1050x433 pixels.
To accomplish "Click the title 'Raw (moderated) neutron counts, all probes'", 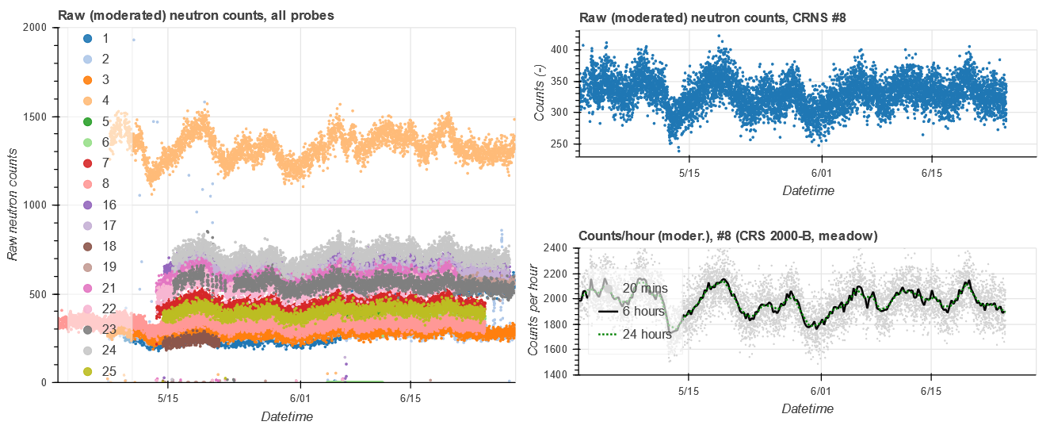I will pos(196,14).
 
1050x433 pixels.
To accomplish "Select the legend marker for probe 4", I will pos(88,101).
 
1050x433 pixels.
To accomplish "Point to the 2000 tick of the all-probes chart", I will pos(37,28).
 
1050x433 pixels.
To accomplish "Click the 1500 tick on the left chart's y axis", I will pos(37,117).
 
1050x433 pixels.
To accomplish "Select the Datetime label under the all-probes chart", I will pos(286,417).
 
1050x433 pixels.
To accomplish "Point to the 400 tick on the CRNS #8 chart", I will pos(559,50).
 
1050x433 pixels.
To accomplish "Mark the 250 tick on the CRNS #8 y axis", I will pos(559,144).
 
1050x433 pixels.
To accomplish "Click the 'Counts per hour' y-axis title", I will pos(535,312).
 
